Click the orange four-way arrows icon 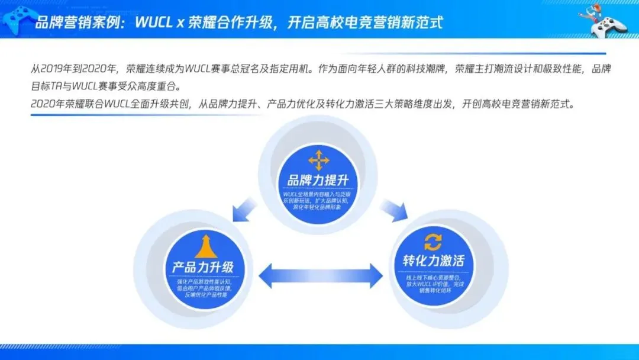pyautogui.click(x=319, y=160)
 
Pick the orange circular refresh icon pyautogui.click(x=433, y=242)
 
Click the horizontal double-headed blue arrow pyautogui.click(x=320, y=275)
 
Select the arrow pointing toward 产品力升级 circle pyautogui.click(x=244, y=208)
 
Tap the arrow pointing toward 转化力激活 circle pyautogui.click(x=394, y=208)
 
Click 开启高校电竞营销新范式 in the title pyautogui.click(x=365, y=22)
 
